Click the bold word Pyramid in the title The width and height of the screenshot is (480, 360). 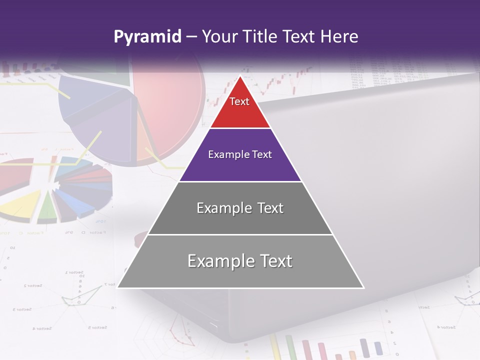point(147,37)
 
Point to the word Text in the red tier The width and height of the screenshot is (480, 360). point(239,101)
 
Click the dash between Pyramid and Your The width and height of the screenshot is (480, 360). point(191,37)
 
